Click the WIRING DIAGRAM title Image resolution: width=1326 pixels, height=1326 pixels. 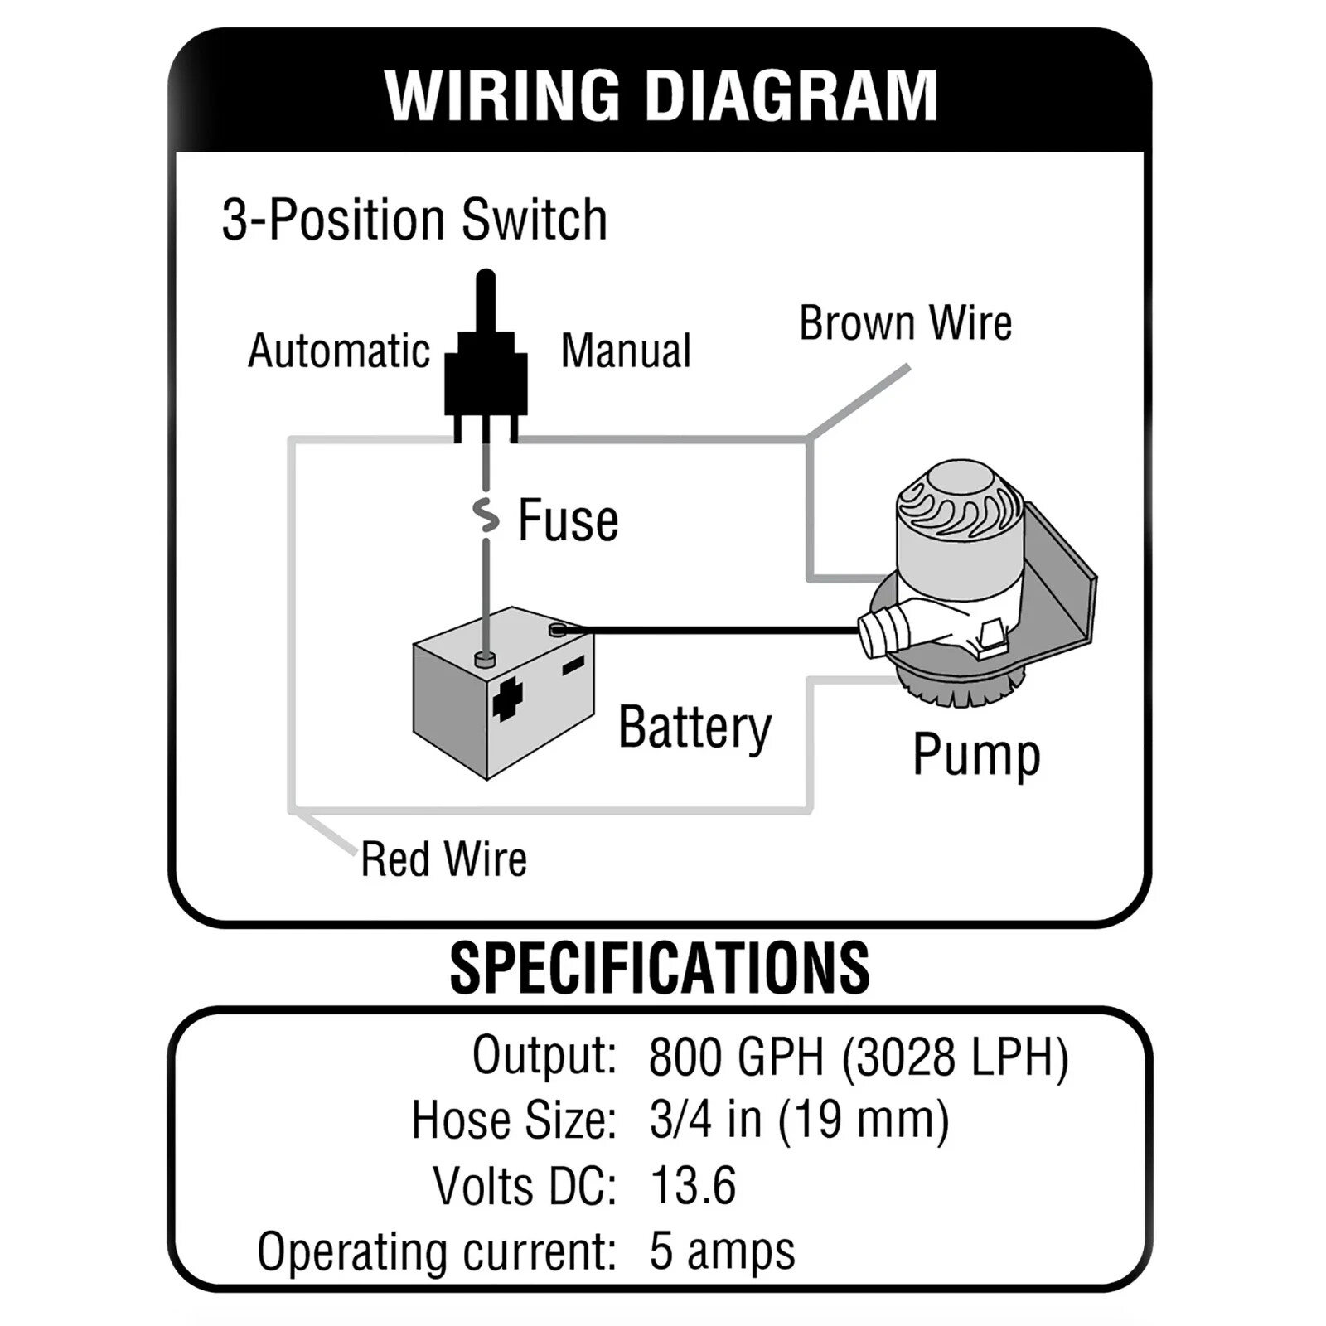click(x=661, y=95)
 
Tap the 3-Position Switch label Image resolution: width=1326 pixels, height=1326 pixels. click(x=414, y=220)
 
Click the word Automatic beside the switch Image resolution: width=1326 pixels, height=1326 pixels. click(x=339, y=351)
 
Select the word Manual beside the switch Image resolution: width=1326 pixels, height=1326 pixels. click(x=626, y=351)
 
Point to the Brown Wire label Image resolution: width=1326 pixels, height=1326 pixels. click(x=905, y=323)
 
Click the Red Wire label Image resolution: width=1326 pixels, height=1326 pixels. click(x=443, y=859)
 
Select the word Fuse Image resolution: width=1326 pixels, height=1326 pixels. click(x=569, y=521)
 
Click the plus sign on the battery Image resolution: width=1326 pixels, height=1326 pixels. click(x=507, y=698)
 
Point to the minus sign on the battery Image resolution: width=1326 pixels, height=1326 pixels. click(x=573, y=665)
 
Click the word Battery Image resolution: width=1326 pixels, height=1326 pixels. click(x=694, y=728)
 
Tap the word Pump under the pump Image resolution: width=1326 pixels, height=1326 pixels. click(x=976, y=755)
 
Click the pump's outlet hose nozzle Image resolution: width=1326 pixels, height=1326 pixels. click(x=883, y=632)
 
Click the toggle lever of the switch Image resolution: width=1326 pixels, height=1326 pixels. click(x=486, y=302)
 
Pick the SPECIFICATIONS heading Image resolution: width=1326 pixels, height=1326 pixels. click(x=660, y=968)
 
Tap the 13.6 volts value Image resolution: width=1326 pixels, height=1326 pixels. click(x=693, y=1185)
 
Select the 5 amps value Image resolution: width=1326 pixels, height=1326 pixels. click(x=722, y=1251)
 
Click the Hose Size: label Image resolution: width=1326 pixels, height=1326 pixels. click(x=514, y=1120)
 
